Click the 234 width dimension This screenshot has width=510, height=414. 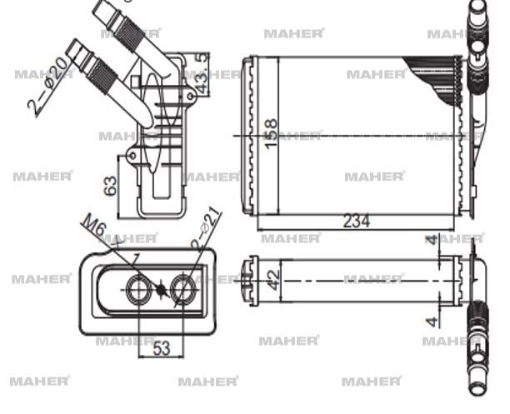[356, 221]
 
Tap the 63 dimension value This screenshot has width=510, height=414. [110, 186]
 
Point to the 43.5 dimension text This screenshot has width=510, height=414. [201, 73]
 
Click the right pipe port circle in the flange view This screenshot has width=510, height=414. [182, 290]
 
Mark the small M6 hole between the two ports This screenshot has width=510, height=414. [160, 290]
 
